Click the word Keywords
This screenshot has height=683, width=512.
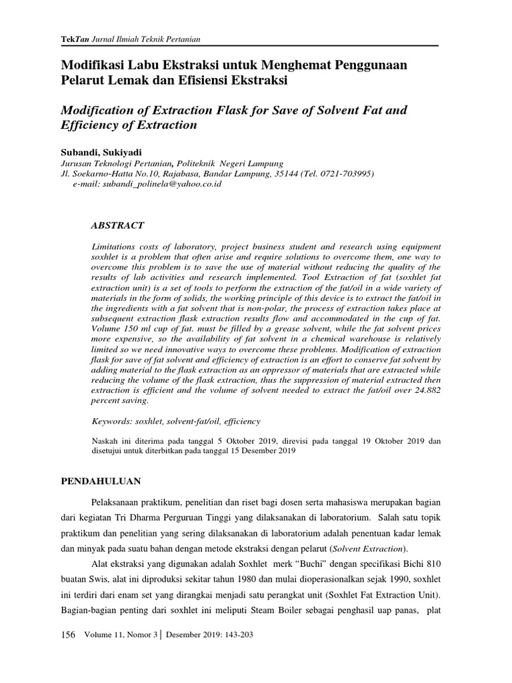(111, 422)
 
